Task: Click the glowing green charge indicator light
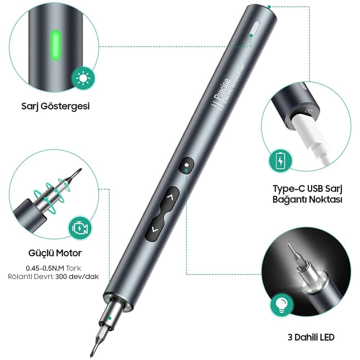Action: [x=55, y=45]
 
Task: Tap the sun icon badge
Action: [x=83, y=78]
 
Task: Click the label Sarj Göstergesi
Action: [x=55, y=106]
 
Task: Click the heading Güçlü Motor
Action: [x=55, y=253]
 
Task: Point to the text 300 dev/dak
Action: [x=77, y=276]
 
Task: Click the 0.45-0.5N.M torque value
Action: [x=45, y=268]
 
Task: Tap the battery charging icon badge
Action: [x=280, y=160]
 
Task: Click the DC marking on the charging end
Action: [x=309, y=111]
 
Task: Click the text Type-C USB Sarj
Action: [x=307, y=189]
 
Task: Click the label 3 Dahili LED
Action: [x=311, y=337]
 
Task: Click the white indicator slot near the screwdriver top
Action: [x=255, y=29]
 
